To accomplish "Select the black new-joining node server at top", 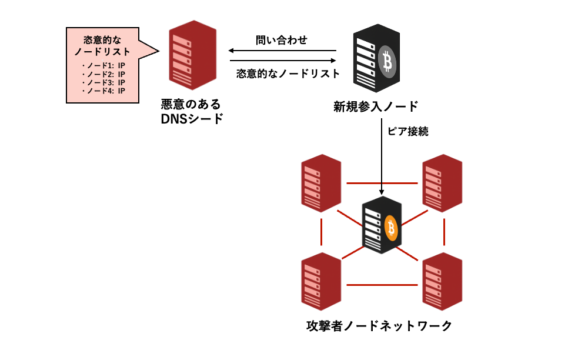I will coord(374,58).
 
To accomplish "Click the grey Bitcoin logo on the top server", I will coord(386,60).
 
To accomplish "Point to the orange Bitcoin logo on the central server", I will coord(391,228).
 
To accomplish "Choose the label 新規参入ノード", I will coord(376,106).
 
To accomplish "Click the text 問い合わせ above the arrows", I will coord(282,40).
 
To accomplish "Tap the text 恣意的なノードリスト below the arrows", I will coord(288,74).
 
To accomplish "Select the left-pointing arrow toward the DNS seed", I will coord(282,51).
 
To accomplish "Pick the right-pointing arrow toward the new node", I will coord(282,61).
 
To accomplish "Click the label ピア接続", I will coord(407,131).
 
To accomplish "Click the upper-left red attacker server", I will coord(321,182).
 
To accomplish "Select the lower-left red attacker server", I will coord(321,281).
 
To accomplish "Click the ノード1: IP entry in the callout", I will coord(103,65).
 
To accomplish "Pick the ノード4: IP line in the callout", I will coord(103,91).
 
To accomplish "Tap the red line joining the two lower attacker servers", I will coord(382,285).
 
